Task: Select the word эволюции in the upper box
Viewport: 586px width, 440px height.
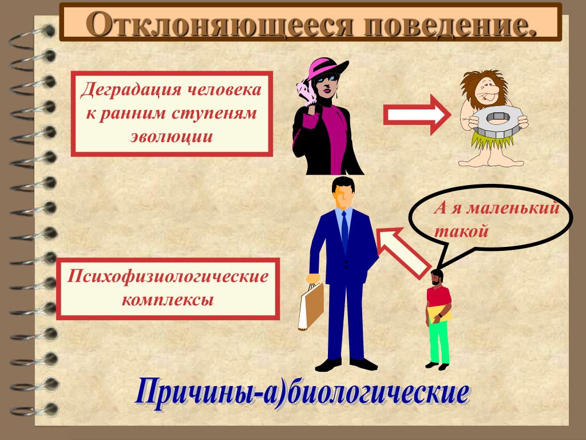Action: tap(172, 136)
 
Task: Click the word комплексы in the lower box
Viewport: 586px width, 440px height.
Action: tap(168, 300)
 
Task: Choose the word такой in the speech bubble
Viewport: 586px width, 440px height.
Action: tap(461, 231)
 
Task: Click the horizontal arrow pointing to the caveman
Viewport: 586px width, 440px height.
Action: tap(417, 115)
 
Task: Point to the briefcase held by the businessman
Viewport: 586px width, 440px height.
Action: tap(311, 307)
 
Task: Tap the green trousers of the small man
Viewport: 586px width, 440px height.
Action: tap(439, 342)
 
